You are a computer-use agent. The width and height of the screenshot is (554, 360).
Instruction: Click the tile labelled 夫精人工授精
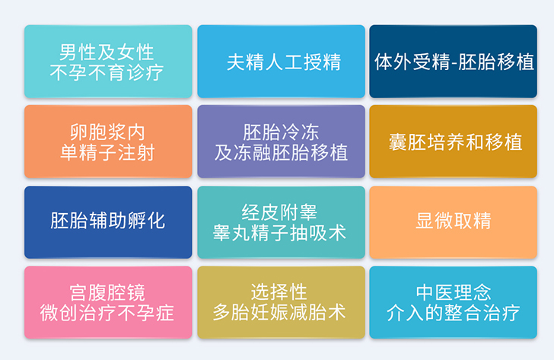pos(282,62)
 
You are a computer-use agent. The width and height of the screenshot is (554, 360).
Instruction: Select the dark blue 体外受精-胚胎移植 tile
pos(454,62)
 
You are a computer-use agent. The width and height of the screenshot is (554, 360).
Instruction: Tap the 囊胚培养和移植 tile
pos(454,142)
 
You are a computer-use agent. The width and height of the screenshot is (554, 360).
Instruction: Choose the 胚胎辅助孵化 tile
pos(108,222)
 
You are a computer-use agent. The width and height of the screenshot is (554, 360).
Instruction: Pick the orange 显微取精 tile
pos(454,222)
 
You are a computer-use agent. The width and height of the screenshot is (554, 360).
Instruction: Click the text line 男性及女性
pos(107,52)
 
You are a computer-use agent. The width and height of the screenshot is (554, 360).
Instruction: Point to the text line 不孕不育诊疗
pos(107,73)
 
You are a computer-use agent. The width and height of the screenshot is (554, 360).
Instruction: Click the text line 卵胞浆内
pos(107,132)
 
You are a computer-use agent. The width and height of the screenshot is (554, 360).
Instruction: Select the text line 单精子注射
pos(107,153)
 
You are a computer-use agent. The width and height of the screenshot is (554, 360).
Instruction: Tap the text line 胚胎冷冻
pos(281,132)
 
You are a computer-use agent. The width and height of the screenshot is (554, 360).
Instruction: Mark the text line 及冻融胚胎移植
pos(281,153)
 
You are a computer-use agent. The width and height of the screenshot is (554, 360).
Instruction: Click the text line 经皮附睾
pos(279,212)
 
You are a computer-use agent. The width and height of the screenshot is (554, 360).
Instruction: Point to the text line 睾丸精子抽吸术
pos(279,233)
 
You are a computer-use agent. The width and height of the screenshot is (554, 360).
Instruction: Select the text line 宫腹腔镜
pos(107,292)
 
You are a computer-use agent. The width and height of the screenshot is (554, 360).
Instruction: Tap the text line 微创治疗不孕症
pos(107,313)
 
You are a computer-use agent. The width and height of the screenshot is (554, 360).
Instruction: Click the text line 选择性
pos(279,292)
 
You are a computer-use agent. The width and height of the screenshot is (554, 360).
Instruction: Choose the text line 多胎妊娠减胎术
pos(279,312)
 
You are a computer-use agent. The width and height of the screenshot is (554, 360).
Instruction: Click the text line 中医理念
pos(454,292)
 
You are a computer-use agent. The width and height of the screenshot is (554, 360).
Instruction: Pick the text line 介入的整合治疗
pos(454,313)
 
